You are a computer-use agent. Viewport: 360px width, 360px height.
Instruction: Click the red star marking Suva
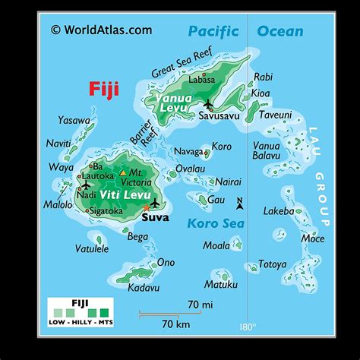146,207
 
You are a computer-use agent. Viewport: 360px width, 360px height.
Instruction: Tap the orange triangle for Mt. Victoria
124,173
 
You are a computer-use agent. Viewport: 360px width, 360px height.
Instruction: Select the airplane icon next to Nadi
87,185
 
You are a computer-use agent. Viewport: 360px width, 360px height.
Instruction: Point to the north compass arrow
239,203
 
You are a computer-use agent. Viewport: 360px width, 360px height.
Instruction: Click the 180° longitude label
248,327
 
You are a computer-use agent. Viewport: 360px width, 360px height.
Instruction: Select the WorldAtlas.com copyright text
101,30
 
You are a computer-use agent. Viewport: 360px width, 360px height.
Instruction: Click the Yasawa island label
74,120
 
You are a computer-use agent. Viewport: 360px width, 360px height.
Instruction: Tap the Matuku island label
222,284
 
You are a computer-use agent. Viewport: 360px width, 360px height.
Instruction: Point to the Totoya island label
272,264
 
